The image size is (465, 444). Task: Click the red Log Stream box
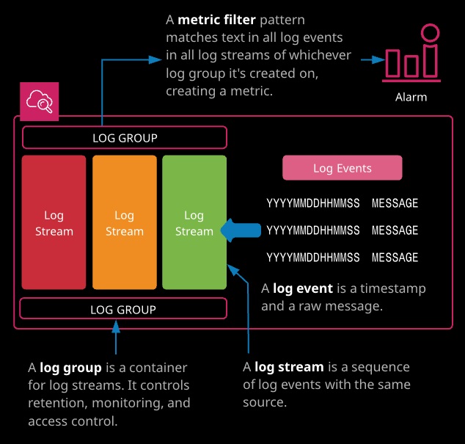tap(54, 222)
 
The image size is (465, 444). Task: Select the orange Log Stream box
tap(125, 222)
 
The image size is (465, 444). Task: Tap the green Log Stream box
tap(194, 222)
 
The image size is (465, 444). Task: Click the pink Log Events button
tap(343, 167)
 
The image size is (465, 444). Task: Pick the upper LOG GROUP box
tap(125, 137)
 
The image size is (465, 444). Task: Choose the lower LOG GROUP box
tap(123, 309)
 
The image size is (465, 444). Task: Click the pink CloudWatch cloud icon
tap(39, 101)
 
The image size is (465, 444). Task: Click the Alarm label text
tap(411, 97)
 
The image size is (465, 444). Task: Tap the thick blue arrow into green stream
tap(241, 230)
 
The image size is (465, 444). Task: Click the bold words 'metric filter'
tap(216, 20)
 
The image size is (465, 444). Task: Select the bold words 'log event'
tap(303, 288)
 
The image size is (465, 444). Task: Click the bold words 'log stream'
tap(289, 367)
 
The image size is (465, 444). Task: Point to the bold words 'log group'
tap(70, 368)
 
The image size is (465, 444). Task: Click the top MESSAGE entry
tap(395, 203)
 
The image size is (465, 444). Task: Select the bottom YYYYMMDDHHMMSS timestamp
tap(313, 258)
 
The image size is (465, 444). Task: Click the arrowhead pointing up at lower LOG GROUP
tap(116, 327)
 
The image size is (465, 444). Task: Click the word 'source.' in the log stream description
tap(265, 402)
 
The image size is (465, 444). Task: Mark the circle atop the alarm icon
tap(431, 32)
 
